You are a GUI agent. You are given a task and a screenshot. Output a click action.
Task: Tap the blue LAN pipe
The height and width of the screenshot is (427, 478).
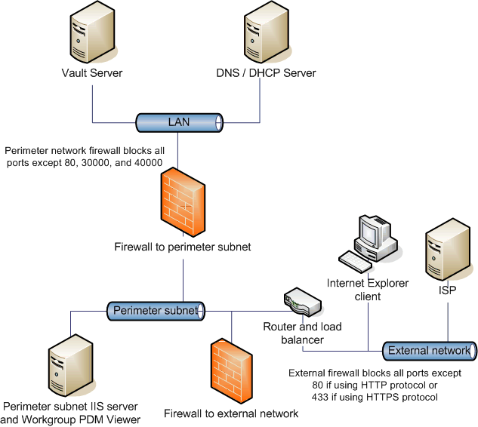[178, 121]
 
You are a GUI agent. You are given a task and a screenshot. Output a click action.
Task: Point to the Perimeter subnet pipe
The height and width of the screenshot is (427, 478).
[156, 310]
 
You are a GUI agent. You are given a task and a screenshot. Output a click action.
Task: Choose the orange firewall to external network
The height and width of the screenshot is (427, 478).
[230, 370]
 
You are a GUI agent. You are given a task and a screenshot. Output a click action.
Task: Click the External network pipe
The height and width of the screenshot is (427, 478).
[429, 350]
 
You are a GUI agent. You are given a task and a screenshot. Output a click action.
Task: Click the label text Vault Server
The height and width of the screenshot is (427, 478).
[92, 73]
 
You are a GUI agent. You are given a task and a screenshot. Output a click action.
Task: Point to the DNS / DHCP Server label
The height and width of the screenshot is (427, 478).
[262, 73]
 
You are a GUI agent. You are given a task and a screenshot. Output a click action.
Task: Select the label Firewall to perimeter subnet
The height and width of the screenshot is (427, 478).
[182, 247]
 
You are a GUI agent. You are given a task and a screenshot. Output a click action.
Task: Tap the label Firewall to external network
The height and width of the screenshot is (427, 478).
[231, 413]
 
